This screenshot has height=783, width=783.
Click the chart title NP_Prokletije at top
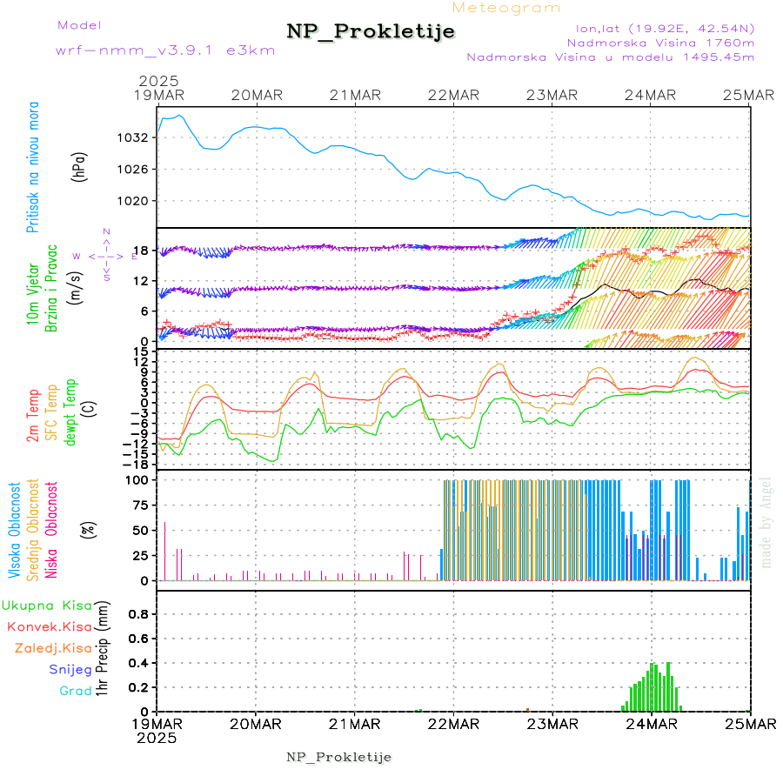[x=371, y=32]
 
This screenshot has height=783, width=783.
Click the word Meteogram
[x=506, y=8]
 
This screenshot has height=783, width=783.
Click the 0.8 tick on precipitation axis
[x=138, y=614]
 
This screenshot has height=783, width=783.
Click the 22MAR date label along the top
[x=453, y=95]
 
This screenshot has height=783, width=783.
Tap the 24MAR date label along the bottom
[x=651, y=724]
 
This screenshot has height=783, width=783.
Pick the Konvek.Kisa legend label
[x=49, y=626]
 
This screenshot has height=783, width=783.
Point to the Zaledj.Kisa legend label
[x=53, y=648]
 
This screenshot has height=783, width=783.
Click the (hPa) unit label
[x=79, y=165]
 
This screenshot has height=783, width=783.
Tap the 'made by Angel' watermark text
[x=766, y=523]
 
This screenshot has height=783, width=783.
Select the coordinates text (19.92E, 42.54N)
[x=659, y=27]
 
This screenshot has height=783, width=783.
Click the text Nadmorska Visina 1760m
[x=660, y=42]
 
